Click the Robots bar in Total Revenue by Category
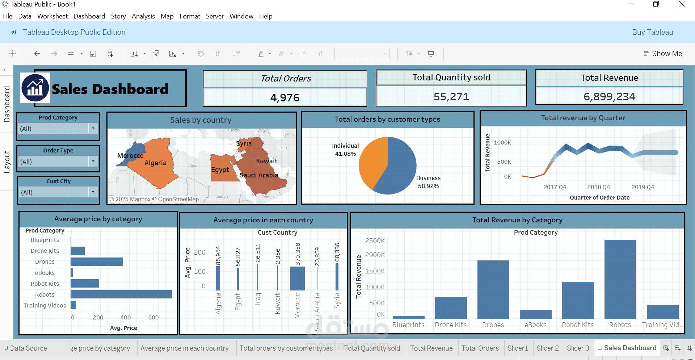tap(620, 279)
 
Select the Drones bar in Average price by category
tap(97, 261)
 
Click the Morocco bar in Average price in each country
tap(297, 279)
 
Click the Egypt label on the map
tap(220, 170)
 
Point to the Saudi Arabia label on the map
tap(259, 175)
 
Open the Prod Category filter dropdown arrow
tap(93, 128)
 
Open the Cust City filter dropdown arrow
tap(93, 192)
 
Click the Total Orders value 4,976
tap(285, 97)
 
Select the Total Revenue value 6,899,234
tap(609, 97)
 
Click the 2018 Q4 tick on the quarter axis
tap(598, 187)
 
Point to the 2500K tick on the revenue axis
tap(375, 241)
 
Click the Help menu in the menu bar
tap(266, 16)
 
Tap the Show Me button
tap(663, 54)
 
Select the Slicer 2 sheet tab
tap(547, 348)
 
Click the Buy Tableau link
tap(652, 32)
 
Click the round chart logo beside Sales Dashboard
tap(35, 88)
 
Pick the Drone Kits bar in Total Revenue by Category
tap(451, 307)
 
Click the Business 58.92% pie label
tap(428, 182)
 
